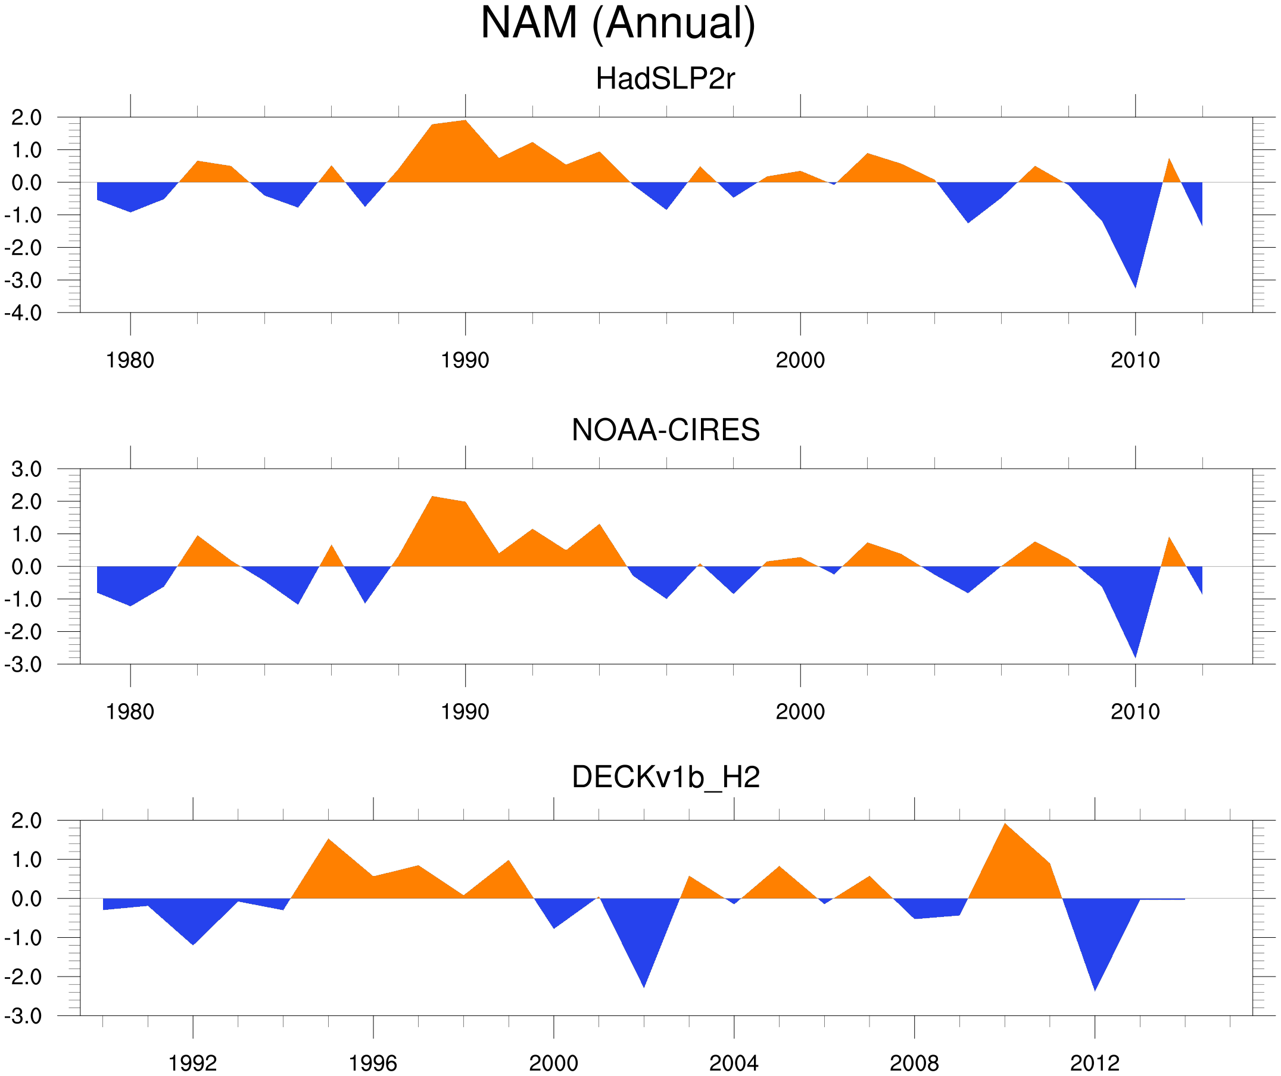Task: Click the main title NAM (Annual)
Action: pyautogui.click(x=618, y=23)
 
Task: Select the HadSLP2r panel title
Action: pyautogui.click(x=665, y=79)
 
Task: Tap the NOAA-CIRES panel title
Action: pyautogui.click(x=665, y=430)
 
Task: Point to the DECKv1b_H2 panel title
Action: pyautogui.click(x=665, y=777)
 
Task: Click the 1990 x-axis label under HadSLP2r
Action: pyautogui.click(x=465, y=360)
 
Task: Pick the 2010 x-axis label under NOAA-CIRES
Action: pyautogui.click(x=1134, y=712)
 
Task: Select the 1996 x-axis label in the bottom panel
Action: pyautogui.click(x=373, y=1064)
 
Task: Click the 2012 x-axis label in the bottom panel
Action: pyautogui.click(x=1095, y=1064)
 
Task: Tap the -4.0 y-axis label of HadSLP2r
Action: pyautogui.click(x=23, y=313)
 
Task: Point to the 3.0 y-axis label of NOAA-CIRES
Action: pyautogui.click(x=26, y=469)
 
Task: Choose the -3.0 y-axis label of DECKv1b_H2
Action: pyautogui.click(x=23, y=1016)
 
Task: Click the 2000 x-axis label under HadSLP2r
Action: pyautogui.click(x=800, y=360)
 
